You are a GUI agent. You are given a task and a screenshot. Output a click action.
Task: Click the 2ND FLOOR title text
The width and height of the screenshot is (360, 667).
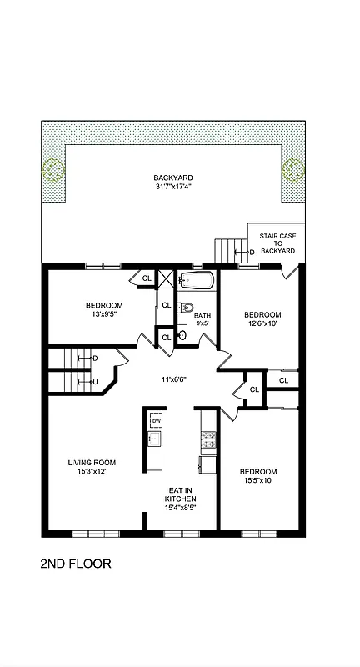click(x=75, y=564)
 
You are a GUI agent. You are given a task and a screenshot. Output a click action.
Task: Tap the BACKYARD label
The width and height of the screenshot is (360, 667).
click(x=173, y=178)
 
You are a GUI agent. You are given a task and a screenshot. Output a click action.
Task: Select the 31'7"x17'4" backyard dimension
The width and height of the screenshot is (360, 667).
click(x=173, y=187)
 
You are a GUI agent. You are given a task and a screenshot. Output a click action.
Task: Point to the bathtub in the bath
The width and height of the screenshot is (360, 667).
click(x=197, y=280)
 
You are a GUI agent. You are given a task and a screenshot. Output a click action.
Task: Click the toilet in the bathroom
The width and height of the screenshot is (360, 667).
click(x=187, y=307)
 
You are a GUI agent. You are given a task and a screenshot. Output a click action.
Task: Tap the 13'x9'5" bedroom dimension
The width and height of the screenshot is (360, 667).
click(x=104, y=315)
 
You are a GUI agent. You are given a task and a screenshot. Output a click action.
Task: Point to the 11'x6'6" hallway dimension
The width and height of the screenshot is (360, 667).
click(x=173, y=379)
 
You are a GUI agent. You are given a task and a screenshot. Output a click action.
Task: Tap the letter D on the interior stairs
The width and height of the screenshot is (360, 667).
click(x=95, y=358)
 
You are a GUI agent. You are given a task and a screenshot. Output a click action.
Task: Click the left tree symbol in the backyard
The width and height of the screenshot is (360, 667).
click(x=53, y=170)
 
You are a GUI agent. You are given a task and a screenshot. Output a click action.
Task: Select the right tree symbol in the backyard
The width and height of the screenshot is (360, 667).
click(x=293, y=170)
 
